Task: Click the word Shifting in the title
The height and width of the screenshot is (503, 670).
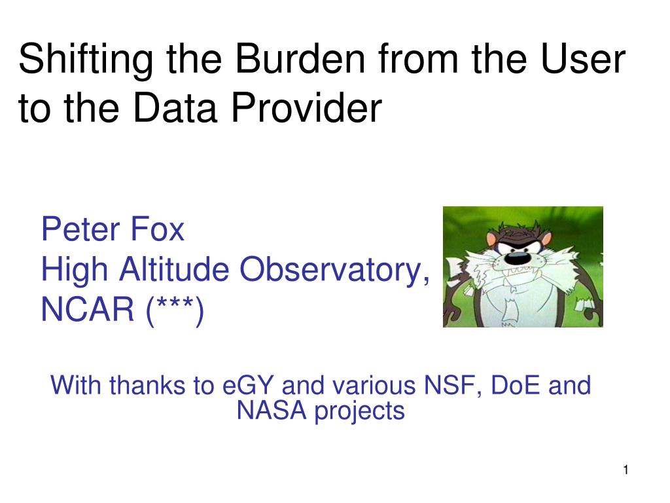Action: [x=86, y=60]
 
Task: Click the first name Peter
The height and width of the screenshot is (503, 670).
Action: [x=80, y=230]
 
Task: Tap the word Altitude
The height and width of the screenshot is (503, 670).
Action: [x=174, y=269]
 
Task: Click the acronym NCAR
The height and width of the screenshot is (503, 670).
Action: [x=88, y=309]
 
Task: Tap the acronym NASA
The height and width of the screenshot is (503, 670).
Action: [x=272, y=411]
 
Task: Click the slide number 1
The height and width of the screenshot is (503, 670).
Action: [x=626, y=470]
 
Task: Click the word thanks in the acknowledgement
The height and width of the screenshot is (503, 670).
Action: [x=147, y=385]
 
